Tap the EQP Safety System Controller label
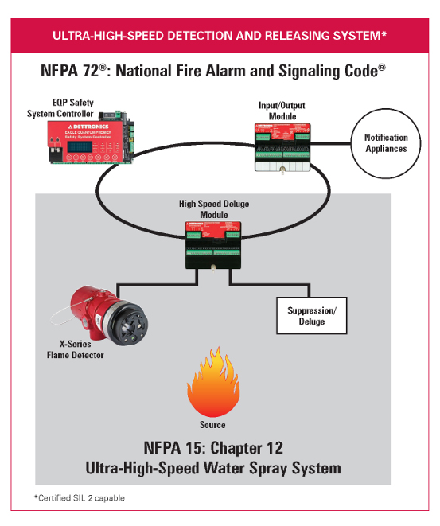point(76,107)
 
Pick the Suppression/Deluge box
point(311,317)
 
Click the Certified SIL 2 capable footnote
point(80,497)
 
